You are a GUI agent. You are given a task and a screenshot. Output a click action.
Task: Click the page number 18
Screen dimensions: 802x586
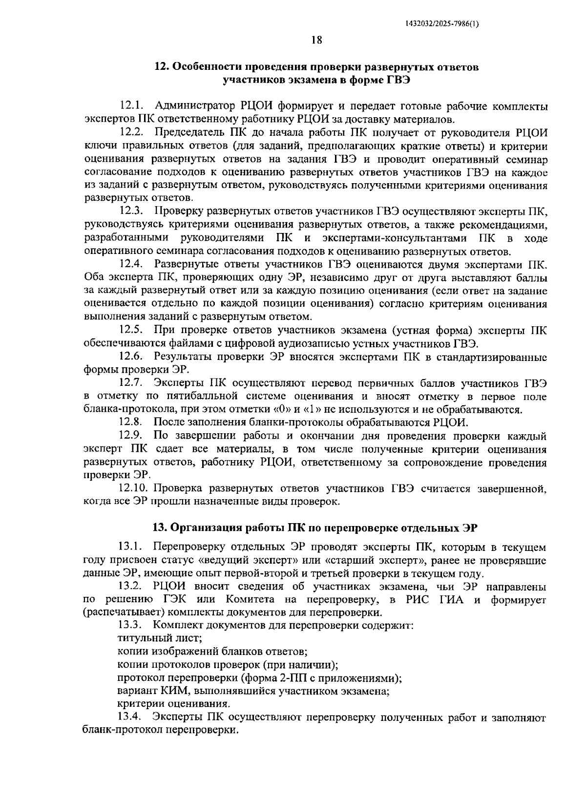pyautogui.click(x=316, y=41)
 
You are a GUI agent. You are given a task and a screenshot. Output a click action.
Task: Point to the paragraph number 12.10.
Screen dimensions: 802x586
pyautogui.click(x=133, y=488)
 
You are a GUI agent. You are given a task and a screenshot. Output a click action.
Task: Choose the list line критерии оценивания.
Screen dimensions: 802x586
pyautogui.click(x=173, y=704)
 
